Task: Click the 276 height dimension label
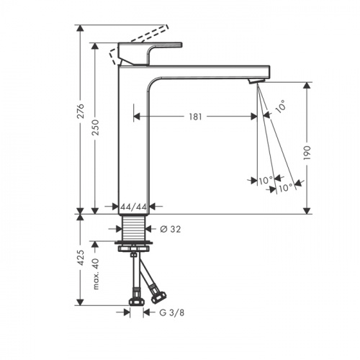pyautogui.click(x=81, y=111)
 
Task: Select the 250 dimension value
pyautogui.click(x=95, y=127)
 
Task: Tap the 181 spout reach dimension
pyautogui.click(x=196, y=117)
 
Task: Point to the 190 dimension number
pyautogui.click(x=307, y=153)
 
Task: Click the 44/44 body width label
pyautogui.click(x=133, y=207)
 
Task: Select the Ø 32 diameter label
pyautogui.click(x=171, y=229)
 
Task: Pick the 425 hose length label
pyautogui.click(x=81, y=258)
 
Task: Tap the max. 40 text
pyautogui.click(x=95, y=274)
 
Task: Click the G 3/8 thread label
pyautogui.click(x=172, y=312)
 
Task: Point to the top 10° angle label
pyautogui.click(x=280, y=106)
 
